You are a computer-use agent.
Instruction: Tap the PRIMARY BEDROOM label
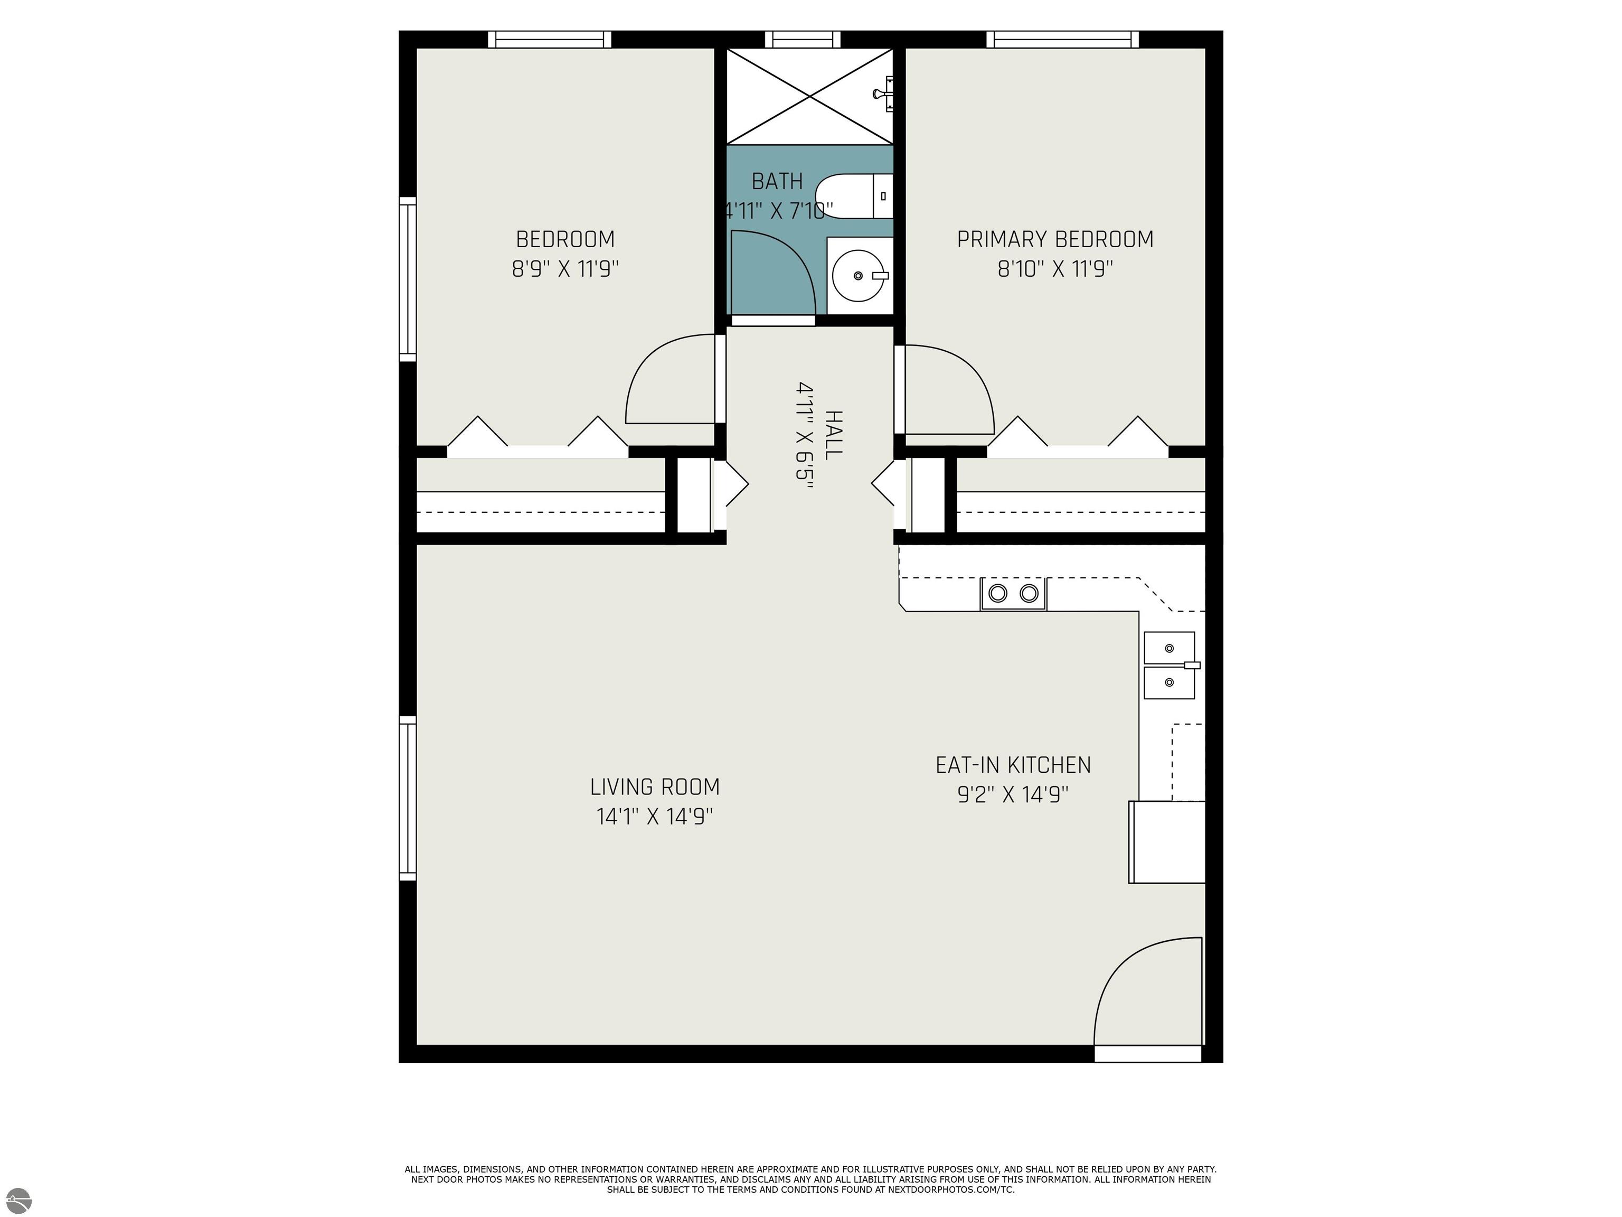(x=1054, y=240)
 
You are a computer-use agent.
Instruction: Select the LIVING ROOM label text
(x=655, y=787)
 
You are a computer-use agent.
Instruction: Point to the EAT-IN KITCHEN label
(x=1013, y=765)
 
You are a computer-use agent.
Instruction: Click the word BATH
(x=777, y=181)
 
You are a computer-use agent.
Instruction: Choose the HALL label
(x=833, y=435)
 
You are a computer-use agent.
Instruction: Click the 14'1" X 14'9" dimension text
(x=655, y=817)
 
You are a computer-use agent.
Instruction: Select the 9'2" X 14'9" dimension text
(x=1013, y=794)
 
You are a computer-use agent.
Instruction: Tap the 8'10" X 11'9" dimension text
(x=1054, y=269)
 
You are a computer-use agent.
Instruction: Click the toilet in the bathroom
(x=854, y=196)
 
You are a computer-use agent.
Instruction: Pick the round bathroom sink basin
(x=858, y=276)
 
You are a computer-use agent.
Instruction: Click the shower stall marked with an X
(x=809, y=96)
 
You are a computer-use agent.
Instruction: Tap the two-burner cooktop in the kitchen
(x=1013, y=593)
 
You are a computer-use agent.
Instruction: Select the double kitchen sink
(x=1170, y=666)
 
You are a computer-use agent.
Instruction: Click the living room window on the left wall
(x=408, y=798)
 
